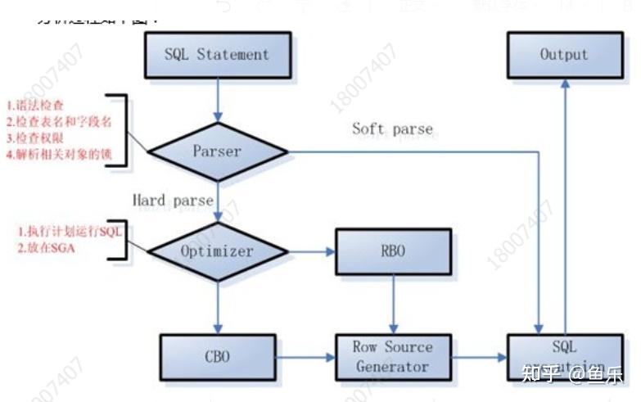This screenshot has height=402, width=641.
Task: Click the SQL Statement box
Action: (x=217, y=56)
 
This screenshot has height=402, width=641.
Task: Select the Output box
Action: (x=563, y=55)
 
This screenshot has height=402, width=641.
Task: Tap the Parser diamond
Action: (x=217, y=151)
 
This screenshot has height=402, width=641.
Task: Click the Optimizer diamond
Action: (x=217, y=251)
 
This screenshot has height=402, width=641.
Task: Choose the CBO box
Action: (x=217, y=357)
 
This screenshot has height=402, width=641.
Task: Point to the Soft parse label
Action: (x=392, y=129)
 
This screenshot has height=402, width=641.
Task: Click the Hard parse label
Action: (x=174, y=201)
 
